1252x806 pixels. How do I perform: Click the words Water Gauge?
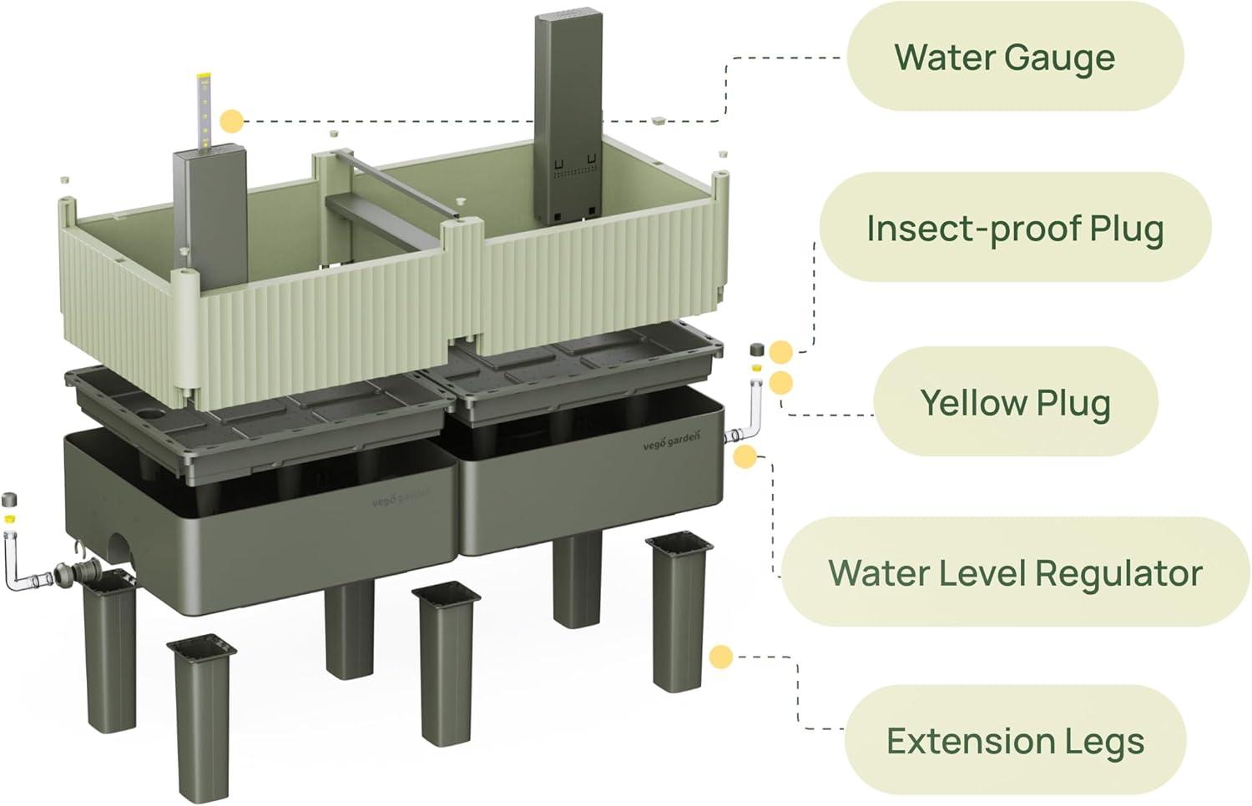1004,58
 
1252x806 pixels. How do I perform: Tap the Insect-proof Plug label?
1015,229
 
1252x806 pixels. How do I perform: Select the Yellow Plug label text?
1015,402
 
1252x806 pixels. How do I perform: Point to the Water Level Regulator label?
1015,572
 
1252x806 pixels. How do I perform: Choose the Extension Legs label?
1015,741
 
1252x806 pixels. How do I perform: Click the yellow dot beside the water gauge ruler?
232,122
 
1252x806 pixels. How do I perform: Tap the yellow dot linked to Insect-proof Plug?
781,351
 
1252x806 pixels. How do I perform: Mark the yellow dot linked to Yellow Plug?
781,383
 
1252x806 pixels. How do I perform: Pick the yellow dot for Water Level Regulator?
745,456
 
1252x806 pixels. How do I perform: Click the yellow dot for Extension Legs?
721,657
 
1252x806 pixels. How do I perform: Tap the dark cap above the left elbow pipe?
10,501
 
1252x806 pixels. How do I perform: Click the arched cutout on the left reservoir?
125,551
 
